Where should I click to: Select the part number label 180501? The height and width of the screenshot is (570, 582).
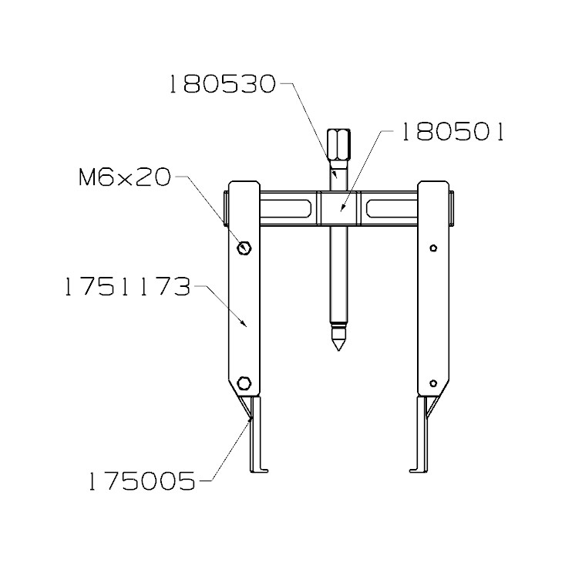(450, 133)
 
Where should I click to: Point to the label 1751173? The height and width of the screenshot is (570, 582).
(127, 288)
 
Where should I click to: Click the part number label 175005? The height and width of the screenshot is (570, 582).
(143, 482)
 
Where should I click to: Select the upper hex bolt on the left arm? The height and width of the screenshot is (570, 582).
(244, 248)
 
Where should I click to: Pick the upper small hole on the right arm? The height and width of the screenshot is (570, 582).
(434, 248)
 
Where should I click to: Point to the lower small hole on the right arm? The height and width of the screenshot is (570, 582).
(434, 383)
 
